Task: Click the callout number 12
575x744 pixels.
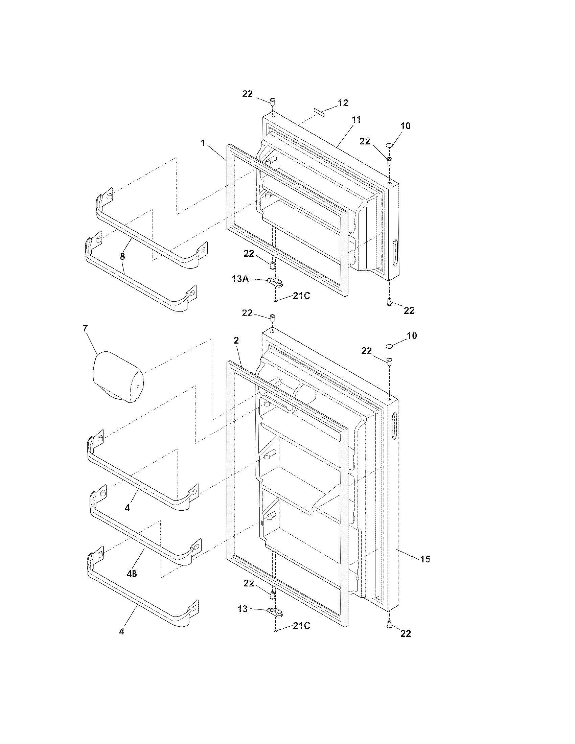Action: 343,103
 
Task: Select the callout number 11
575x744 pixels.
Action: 356,120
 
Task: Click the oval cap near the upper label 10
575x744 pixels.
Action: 390,146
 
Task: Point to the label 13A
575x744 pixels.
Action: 240,279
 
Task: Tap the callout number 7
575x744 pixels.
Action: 85,328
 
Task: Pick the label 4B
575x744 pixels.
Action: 132,574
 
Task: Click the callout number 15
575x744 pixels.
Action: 425,559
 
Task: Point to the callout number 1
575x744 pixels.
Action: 203,142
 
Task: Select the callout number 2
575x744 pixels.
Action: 236,340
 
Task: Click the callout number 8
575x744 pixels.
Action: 122,256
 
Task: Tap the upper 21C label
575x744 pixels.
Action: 301,296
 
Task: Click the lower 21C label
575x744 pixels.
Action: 301,626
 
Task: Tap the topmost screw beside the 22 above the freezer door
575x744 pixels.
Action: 272,101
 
